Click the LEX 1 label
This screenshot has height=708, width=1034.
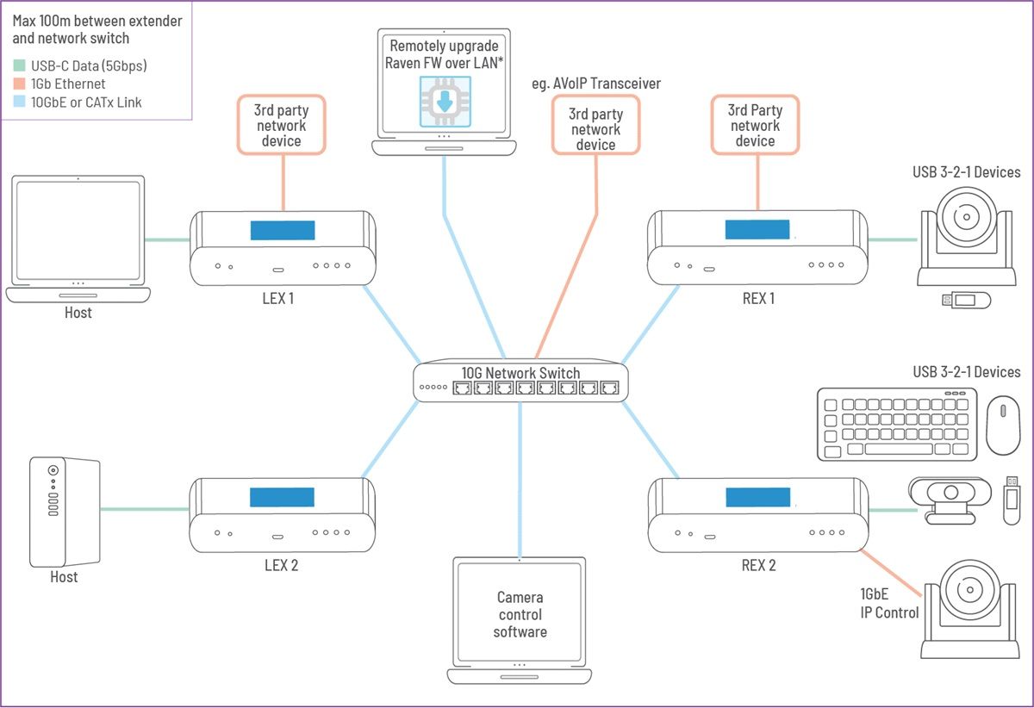click(277, 299)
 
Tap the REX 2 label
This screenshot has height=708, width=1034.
click(758, 565)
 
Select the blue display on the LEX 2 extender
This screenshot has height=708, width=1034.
click(282, 497)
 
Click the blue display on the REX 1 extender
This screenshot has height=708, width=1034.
click(757, 229)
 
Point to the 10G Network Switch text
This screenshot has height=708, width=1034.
click(520, 373)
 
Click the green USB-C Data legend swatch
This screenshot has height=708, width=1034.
click(19, 65)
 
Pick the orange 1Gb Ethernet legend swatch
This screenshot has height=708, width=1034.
click(19, 84)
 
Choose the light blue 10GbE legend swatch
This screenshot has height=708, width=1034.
click(19, 102)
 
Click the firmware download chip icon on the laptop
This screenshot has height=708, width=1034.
click(445, 102)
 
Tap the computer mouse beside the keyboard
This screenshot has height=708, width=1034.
click(1003, 425)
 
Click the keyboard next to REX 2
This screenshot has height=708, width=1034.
click(897, 425)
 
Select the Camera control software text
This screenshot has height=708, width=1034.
click(520, 614)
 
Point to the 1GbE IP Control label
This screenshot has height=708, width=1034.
click(889, 603)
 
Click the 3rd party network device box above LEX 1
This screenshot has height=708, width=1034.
click(282, 125)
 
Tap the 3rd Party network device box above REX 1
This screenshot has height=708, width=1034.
click(755, 125)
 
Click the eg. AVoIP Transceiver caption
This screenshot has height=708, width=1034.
click(596, 84)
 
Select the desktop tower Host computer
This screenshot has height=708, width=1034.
click(65, 512)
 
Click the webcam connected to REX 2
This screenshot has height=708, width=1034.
click(950, 500)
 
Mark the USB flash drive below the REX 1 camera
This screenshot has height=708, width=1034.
click(966, 301)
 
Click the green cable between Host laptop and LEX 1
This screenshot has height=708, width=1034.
click(167, 239)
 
